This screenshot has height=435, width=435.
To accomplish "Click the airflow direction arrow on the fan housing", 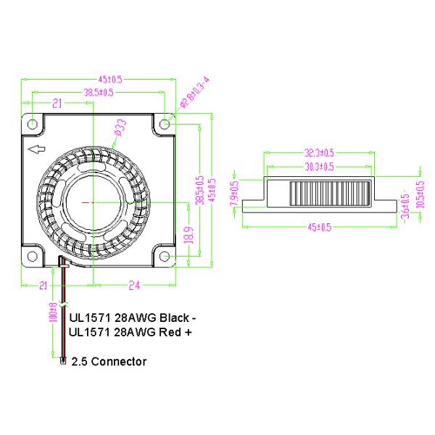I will (x=35, y=151).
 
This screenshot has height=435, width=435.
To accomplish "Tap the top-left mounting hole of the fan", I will (x=33, y=124).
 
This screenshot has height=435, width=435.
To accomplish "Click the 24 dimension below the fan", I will (x=133, y=286).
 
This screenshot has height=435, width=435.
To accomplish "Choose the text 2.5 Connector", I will (x=109, y=361).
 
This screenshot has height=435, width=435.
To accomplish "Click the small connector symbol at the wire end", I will (x=63, y=360).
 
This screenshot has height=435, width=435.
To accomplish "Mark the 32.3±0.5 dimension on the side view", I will (x=319, y=153).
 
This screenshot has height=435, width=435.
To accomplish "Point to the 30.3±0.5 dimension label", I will (x=319, y=166).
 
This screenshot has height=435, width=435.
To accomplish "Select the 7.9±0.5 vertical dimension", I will (x=234, y=194).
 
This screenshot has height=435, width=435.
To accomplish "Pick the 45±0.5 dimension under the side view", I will (x=319, y=227).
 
